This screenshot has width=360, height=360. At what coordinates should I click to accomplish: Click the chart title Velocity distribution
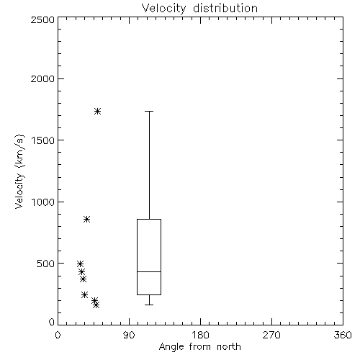(x=199, y=9)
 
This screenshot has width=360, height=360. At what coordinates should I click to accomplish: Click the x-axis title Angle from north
(x=199, y=347)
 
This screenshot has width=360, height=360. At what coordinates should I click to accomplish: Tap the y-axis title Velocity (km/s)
(x=19, y=171)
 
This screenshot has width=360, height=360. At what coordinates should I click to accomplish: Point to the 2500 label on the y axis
(x=42, y=19)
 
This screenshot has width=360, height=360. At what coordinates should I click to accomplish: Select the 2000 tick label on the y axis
(x=42, y=79)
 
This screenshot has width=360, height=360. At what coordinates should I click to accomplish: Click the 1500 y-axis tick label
(x=43, y=140)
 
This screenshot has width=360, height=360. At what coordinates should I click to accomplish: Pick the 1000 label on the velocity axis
(x=43, y=202)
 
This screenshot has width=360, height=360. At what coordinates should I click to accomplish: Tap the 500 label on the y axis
(x=46, y=264)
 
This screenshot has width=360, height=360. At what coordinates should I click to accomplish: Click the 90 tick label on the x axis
(x=129, y=335)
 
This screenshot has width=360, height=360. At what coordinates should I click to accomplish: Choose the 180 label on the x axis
(x=200, y=335)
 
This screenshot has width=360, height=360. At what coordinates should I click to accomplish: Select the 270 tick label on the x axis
(x=271, y=335)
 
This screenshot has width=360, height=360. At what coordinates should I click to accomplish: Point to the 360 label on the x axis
(x=343, y=335)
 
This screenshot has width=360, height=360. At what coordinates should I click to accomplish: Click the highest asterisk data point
(x=97, y=111)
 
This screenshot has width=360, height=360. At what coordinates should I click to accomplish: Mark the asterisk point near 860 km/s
(x=86, y=219)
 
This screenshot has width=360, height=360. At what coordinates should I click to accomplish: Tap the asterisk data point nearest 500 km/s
(x=80, y=264)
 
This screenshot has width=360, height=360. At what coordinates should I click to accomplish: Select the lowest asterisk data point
(x=96, y=305)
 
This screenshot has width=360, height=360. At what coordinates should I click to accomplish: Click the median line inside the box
(x=149, y=271)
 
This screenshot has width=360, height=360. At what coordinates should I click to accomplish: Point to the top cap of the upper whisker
(x=149, y=111)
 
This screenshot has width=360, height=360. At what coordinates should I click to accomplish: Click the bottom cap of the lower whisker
(x=149, y=305)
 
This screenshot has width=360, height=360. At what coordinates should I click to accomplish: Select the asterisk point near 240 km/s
(x=84, y=294)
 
